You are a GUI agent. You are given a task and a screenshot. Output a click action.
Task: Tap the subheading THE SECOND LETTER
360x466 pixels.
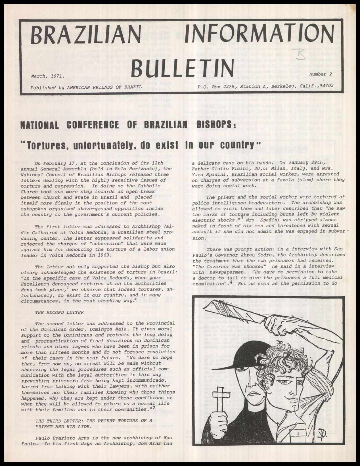pyautogui.click(x=59, y=312)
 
